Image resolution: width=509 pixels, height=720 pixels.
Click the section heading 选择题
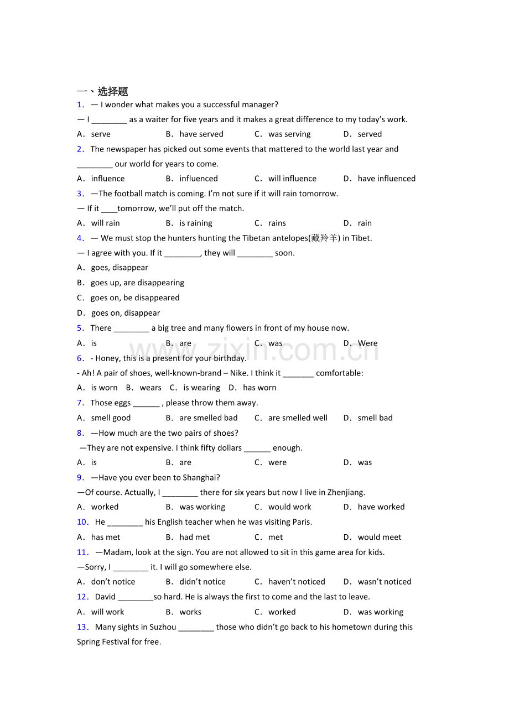tap(113, 91)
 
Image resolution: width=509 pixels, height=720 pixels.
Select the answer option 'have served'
tap(201, 134)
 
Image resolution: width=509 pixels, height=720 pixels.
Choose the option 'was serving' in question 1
tap(289, 134)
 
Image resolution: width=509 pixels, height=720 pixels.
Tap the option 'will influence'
tap(292, 179)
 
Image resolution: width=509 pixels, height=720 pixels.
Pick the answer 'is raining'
tap(196, 223)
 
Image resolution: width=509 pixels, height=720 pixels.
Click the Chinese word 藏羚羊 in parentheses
tap(325, 238)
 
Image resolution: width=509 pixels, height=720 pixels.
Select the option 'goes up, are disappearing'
tap(137, 283)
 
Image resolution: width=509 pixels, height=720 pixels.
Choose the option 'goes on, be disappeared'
tap(135, 298)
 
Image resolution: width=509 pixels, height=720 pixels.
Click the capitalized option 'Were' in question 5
tap(367, 343)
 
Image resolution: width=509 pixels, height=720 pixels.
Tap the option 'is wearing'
tap(201, 388)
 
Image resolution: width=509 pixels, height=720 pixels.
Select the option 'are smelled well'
tap(298, 418)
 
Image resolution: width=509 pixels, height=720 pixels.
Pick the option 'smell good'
tap(111, 418)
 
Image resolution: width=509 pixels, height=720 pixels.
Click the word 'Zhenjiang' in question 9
tap(346, 492)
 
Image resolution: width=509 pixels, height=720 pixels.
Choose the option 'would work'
tap(289, 507)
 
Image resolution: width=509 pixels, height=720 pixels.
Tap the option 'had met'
tap(195, 537)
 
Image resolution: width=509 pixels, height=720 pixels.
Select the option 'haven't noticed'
tap(297, 582)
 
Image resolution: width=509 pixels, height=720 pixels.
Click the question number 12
tap(83, 597)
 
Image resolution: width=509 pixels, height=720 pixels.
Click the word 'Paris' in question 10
tap(302, 522)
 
